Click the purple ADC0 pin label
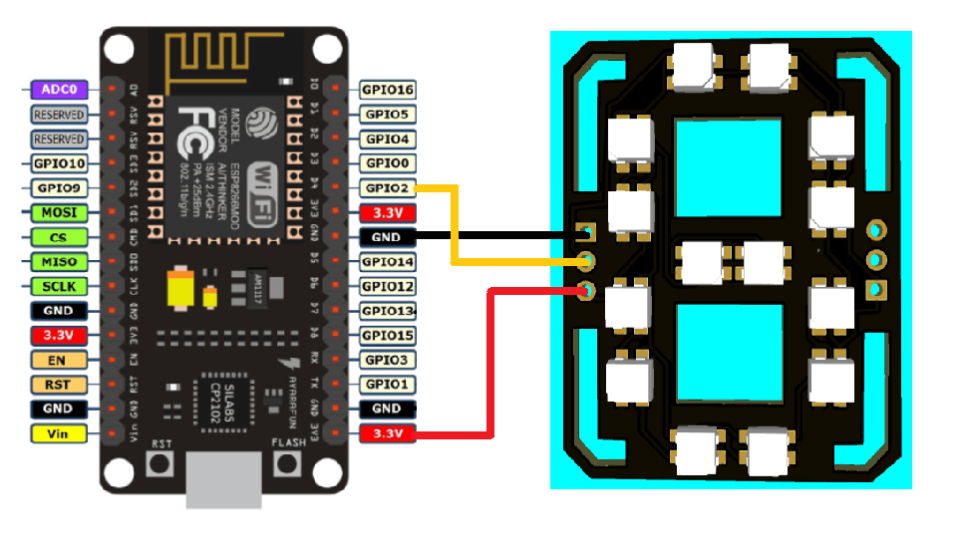point(60,90)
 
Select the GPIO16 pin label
point(387,90)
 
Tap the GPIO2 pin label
point(387,187)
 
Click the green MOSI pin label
point(60,212)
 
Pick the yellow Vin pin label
point(60,433)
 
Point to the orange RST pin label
point(60,385)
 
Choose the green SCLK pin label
point(60,286)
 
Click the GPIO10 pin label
point(60,163)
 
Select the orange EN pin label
point(60,360)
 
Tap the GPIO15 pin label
point(387,336)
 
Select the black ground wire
point(498,236)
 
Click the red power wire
point(488,379)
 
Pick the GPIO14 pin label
point(387,262)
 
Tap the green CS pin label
point(60,237)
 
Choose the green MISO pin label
point(60,262)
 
